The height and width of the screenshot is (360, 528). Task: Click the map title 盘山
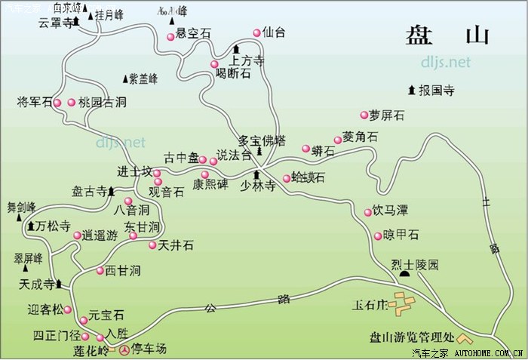(x=447, y=35)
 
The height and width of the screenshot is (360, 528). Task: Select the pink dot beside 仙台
(x=257, y=32)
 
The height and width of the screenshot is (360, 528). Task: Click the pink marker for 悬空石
(x=170, y=35)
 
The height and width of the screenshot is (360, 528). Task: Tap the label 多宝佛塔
(x=262, y=140)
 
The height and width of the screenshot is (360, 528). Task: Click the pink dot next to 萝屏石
(x=364, y=115)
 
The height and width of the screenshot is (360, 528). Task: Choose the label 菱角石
(x=360, y=137)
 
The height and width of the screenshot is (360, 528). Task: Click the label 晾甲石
(x=401, y=235)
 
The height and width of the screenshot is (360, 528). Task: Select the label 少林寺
(x=257, y=185)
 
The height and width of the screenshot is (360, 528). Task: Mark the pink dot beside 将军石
(x=57, y=102)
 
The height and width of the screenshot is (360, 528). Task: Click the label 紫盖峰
(x=143, y=78)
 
